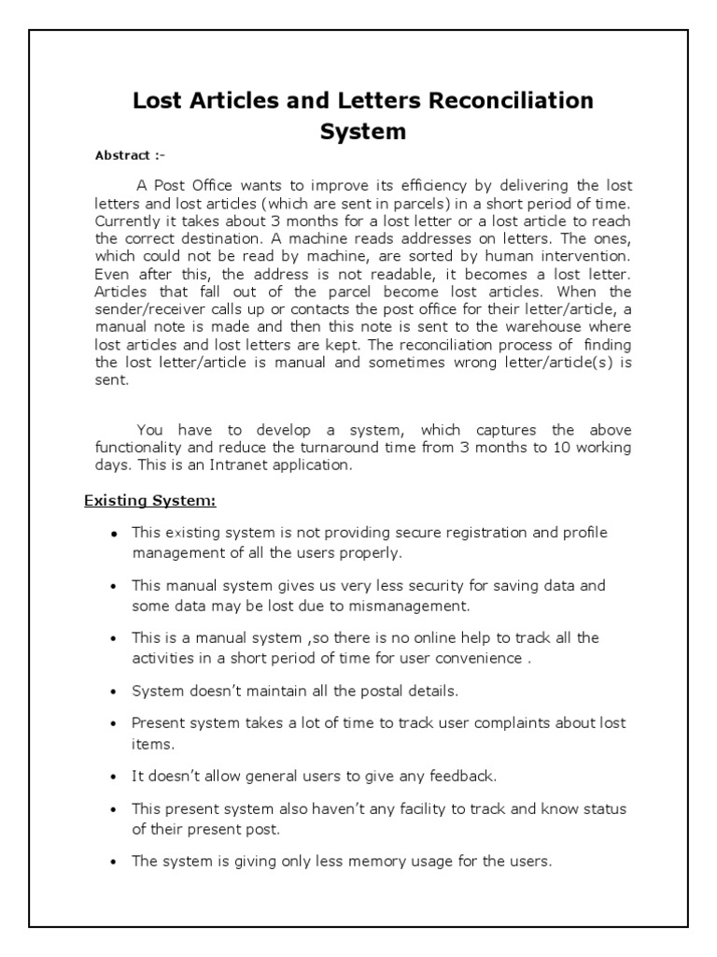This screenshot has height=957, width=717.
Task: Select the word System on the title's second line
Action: coord(363,132)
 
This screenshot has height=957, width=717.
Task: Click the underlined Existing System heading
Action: coord(150,502)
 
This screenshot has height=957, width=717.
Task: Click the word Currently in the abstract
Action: coord(128,221)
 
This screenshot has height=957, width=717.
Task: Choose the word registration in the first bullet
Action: coord(459,533)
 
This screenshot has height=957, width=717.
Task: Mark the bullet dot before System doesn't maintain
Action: coord(114,692)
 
